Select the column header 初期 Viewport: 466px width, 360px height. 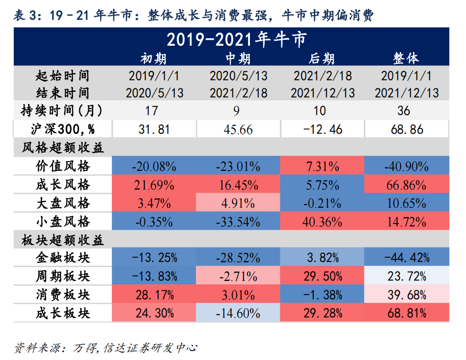[x=154, y=59]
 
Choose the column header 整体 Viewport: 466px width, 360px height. [x=406, y=59]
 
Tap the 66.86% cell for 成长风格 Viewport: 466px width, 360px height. [x=407, y=185]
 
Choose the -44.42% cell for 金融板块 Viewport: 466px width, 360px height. [x=407, y=257]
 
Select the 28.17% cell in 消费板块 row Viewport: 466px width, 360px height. [x=154, y=295]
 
